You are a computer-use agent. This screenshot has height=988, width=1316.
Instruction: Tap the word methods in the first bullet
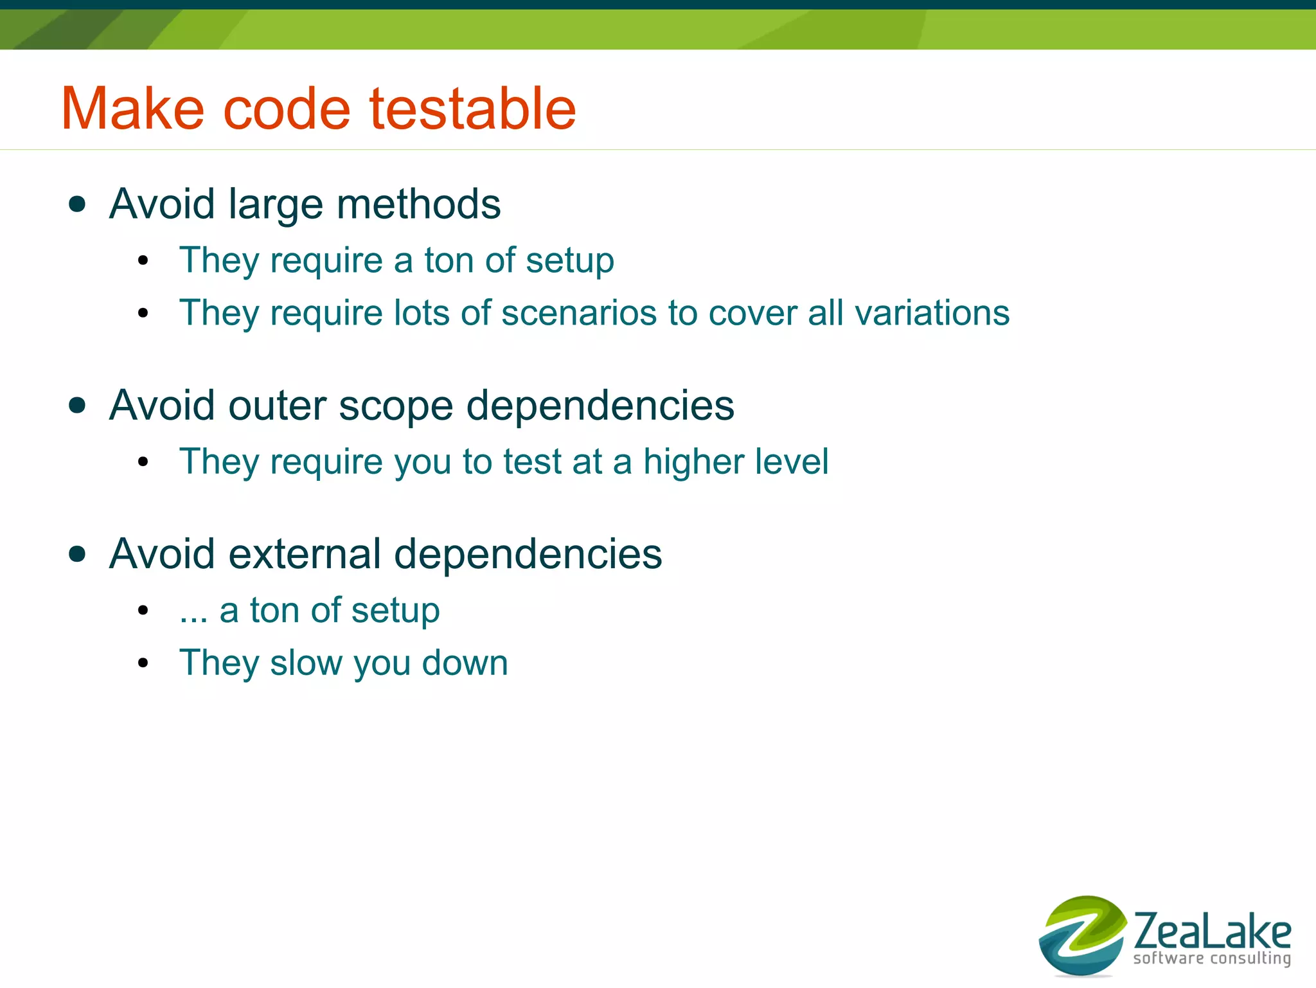point(418,204)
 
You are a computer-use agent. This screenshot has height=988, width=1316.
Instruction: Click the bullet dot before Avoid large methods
point(77,204)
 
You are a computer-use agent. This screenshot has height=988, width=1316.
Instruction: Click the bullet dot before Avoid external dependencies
point(77,554)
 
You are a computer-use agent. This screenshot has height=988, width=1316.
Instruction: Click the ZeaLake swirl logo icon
point(1081,935)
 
